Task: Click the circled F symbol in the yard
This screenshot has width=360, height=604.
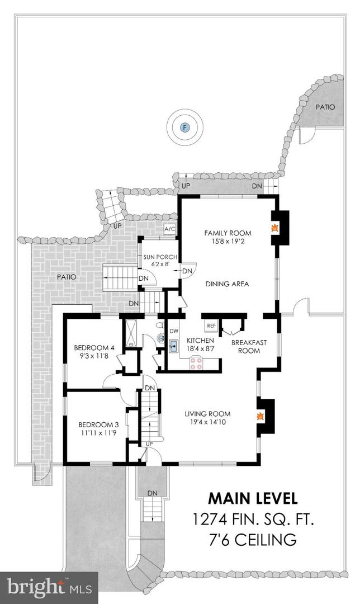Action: click(185, 127)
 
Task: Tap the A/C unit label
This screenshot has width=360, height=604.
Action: click(170, 229)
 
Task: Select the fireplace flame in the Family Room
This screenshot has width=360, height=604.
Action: click(274, 228)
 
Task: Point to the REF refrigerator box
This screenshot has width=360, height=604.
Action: click(211, 325)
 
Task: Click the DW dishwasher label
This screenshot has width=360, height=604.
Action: click(173, 331)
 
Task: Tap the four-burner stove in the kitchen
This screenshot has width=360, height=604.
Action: click(197, 363)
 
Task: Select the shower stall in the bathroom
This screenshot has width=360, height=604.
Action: click(131, 333)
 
